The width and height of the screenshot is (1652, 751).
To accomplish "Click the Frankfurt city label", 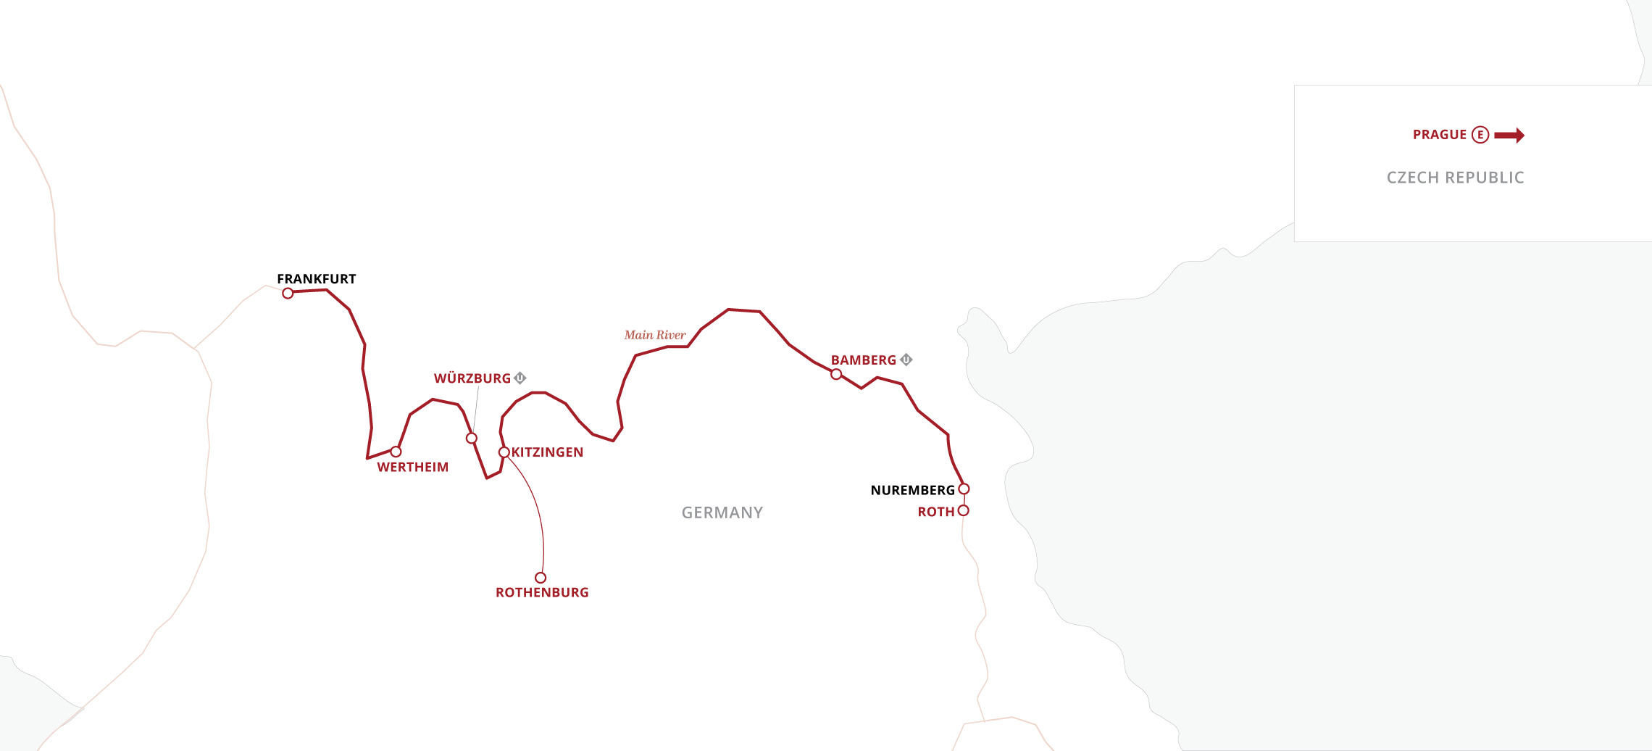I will pyautogui.click(x=316, y=279).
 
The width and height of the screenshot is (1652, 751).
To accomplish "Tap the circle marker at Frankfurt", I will pyautogui.click(x=288, y=293).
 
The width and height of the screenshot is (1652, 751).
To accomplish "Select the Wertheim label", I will pyautogui.click(x=412, y=468).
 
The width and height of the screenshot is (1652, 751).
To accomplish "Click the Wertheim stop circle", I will pyautogui.click(x=396, y=452).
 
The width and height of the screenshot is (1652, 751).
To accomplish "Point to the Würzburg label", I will pyautogui.click(x=472, y=378).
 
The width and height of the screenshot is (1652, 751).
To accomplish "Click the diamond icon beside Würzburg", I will pyautogui.click(x=520, y=378).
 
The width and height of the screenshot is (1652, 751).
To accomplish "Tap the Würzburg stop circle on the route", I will pyautogui.click(x=472, y=439).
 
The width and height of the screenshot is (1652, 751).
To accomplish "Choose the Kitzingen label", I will pyautogui.click(x=547, y=452).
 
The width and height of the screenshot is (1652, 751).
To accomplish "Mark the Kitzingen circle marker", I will pyautogui.click(x=504, y=452).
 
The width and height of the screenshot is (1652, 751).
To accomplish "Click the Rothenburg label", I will pyautogui.click(x=542, y=593).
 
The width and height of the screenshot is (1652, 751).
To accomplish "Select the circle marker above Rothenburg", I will pyautogui.click(x=541, y=578).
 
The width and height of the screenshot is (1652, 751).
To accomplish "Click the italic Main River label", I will pyautogui.click(x=654, y=335).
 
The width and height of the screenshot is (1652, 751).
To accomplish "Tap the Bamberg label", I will pyautogui.click(x=863, y=360).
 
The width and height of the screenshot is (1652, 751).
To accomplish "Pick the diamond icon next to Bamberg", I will pyautogui.click(x=906, y=360).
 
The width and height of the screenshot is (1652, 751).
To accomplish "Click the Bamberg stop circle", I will pyautogui.click(x=836, y=374).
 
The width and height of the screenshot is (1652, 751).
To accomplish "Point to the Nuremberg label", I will pyautogui.click(x=912, y=491).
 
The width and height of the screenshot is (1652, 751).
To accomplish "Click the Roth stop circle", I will pyautogui.click(x=963, y=510).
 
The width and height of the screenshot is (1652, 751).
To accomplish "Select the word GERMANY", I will pyautogui.click(x=722, y=513).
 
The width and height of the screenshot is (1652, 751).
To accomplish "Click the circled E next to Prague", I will pyautogui.click(x=1480, y=135).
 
